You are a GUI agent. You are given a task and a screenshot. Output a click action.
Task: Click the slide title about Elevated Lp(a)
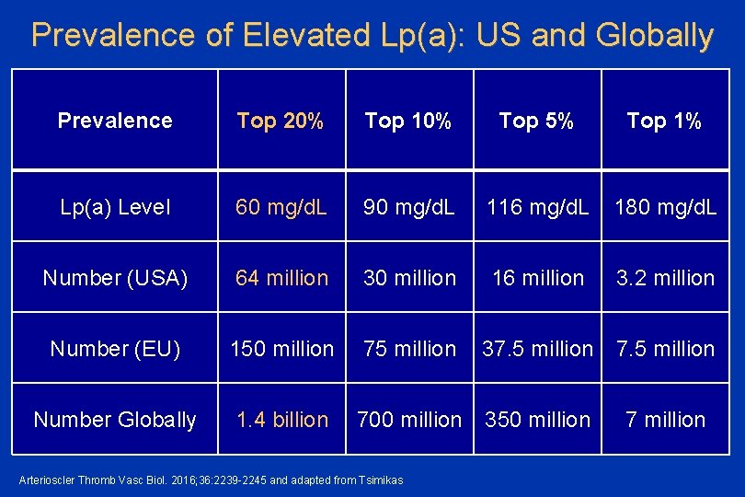[372, 35]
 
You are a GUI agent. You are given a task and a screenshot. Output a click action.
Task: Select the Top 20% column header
[281, 121]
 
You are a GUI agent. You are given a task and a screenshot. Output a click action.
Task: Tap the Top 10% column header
[408, 121]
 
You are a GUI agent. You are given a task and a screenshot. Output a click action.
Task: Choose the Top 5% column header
[536, 121]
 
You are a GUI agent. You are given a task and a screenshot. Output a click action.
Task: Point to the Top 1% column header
[664, 121]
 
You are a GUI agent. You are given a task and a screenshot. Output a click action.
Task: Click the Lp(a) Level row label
[115, 207]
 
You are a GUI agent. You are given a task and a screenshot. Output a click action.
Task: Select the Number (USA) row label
[115, 278]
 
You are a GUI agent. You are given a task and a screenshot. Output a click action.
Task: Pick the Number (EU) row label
[115, 349]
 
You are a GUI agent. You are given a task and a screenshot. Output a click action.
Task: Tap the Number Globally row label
[115, 420]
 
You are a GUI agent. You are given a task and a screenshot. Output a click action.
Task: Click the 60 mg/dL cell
[281, 207]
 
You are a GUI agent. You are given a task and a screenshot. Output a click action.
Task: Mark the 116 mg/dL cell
[537, 207]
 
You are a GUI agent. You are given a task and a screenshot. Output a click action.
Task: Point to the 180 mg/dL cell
[665, 207]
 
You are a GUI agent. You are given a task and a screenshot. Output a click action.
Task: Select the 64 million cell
[281, 278]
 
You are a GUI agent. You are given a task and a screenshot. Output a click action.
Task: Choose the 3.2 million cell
[665, 278]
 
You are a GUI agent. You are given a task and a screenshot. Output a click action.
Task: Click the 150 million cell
[281, 349]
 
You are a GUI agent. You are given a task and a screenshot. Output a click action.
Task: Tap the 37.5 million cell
[537, 349]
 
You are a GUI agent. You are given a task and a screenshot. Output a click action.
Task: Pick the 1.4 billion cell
[281, 420]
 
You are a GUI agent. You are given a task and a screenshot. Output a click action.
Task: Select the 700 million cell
[409, 420]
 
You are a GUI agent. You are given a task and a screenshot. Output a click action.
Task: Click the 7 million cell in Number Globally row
[665, 420]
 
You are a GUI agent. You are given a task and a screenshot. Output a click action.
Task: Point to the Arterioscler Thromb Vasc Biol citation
[212, 479]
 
